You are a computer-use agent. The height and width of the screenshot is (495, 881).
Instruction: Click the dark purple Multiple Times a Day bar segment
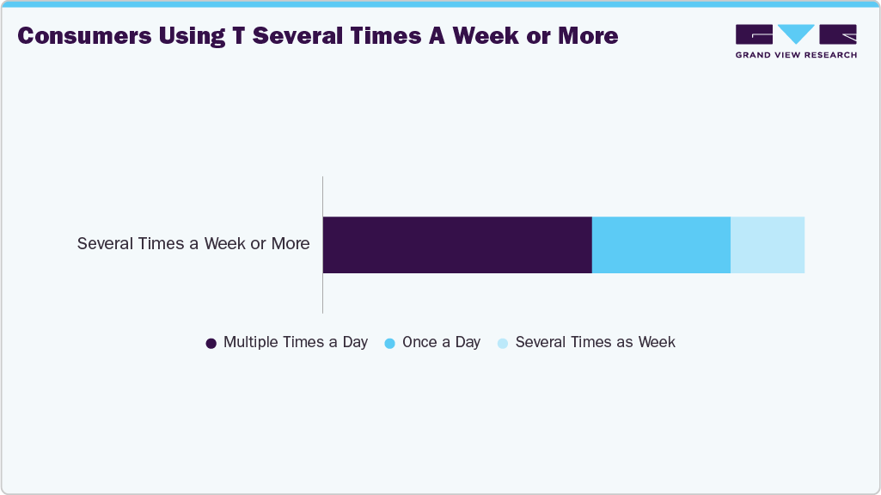(x=457, y=245)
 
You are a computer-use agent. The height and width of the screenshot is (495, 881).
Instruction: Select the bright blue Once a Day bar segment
(x=661, y=245)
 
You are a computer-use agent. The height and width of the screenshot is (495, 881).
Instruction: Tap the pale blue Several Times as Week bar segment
(x=768, y=245)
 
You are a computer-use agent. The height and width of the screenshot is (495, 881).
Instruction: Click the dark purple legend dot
(x=211, y=343)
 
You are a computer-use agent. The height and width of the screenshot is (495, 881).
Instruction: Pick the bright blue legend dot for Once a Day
(x=390, y=343)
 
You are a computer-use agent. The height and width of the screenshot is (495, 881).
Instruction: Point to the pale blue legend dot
(x=504, y=343)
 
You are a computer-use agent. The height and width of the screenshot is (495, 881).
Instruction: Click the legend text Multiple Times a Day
(x=296, y=342)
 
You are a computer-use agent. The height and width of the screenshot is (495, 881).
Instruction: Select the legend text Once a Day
(x=441, y=342)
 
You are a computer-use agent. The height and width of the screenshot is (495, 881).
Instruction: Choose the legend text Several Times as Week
(x=596, y=342)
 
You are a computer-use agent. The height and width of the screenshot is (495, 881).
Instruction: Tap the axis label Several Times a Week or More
(x=193, y=244)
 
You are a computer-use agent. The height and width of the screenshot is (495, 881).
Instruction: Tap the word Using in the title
(x=197, y=36)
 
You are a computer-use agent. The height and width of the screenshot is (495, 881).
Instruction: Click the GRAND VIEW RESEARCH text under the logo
(x=796, y=55)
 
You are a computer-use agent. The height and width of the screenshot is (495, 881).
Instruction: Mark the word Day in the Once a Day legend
(x=468, y=342)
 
